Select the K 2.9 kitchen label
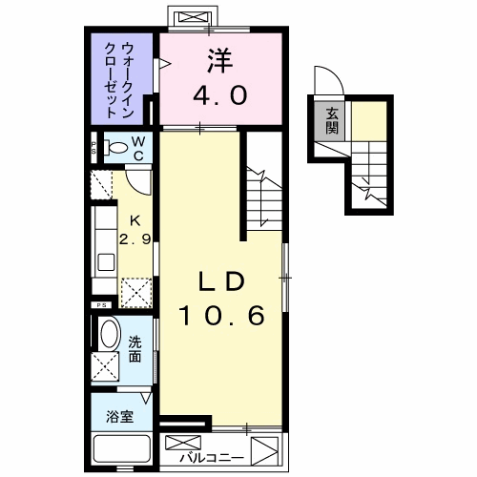pos(134,227)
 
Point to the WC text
pos(138,147)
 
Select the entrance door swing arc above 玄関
pos(325,82)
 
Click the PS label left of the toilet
pos(93,149)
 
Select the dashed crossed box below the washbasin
pos(105,365)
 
